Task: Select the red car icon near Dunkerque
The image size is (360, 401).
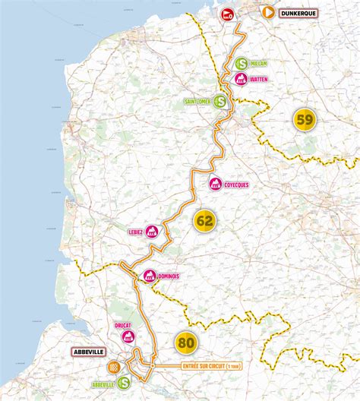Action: [227, 14]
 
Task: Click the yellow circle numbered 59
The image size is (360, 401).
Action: [305, 120]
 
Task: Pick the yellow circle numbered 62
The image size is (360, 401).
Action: [204, 221]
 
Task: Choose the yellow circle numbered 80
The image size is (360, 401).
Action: [185, 343]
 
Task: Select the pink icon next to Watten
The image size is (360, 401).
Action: [241, 78]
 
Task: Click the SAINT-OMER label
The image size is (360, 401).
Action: [197, 100]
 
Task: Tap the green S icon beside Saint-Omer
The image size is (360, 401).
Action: [219, 100]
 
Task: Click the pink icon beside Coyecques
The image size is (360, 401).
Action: [216, 184]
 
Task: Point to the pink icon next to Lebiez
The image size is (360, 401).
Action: [153, 232]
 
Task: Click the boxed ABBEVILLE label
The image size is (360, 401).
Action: [90, 352]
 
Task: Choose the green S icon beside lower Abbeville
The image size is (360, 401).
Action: [123, 384]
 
